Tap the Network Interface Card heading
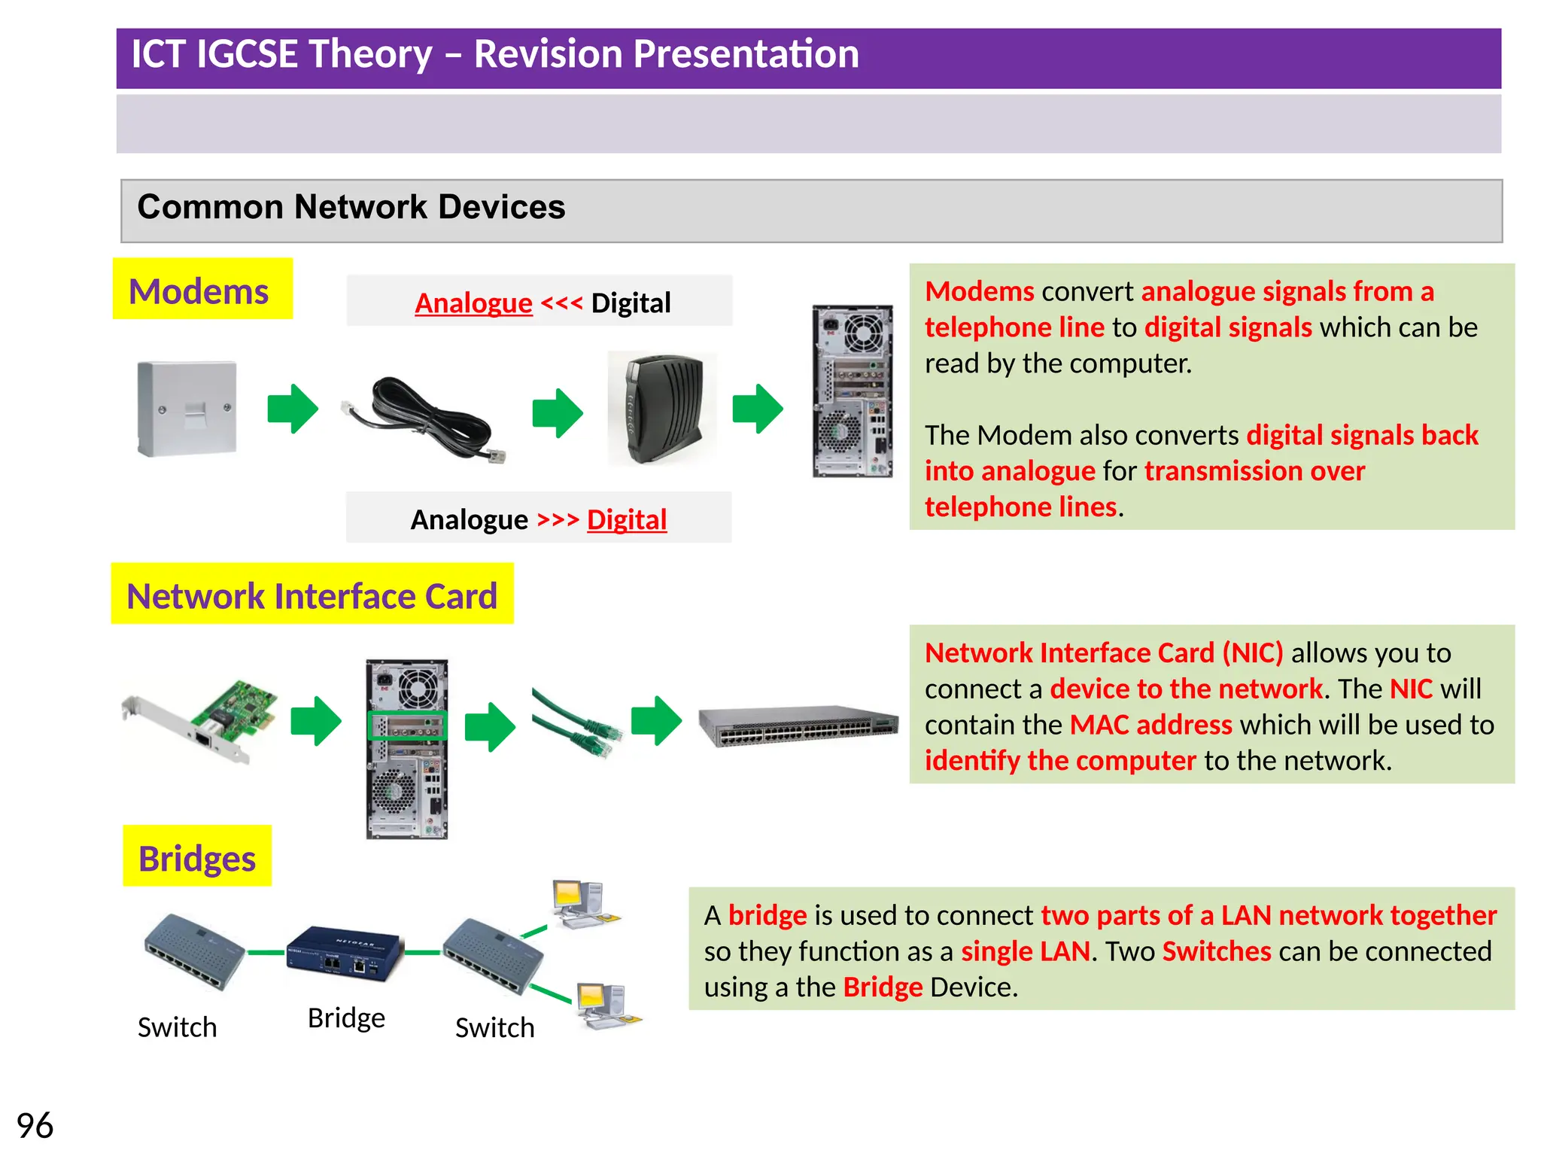click(312, 595)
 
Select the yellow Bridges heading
click(197, 858)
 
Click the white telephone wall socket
click(187, 409)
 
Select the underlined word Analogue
click(473, 303)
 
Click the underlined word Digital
click(627, 520)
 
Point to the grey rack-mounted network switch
click(798, 726)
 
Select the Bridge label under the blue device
click(346, 1018)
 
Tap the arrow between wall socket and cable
click(293, 409)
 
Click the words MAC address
click(1150, 725)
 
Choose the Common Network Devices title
click(351, 207)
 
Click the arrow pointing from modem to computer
click(758, 409)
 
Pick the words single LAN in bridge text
click(1025, 951)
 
